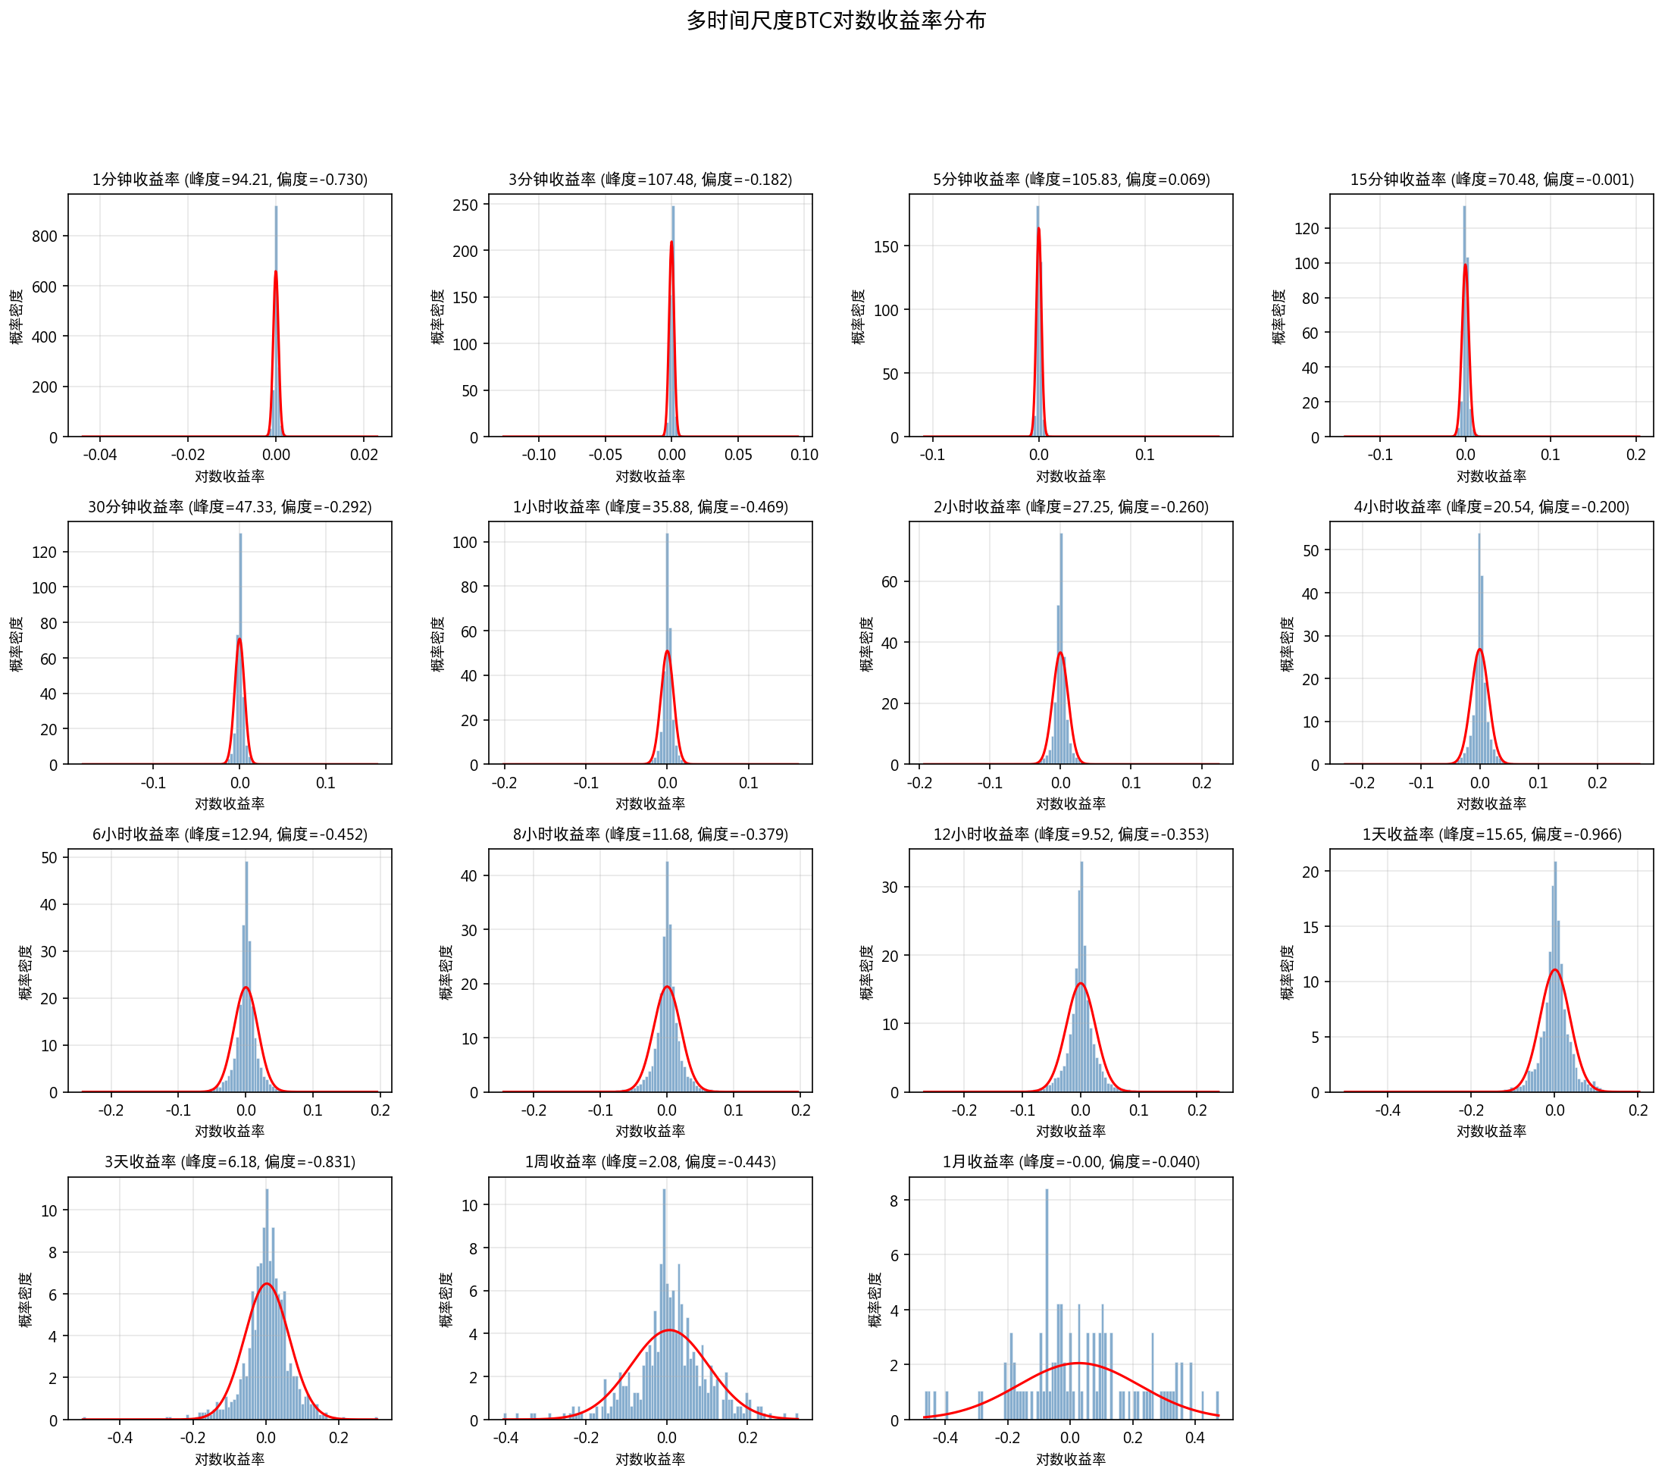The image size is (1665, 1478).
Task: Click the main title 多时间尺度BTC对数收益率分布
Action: pyautogui.click(x=836, y=20)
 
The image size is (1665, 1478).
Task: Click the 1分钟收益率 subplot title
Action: pyautogui.click(x=230, y=179)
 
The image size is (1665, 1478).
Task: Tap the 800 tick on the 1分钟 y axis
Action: pyautogui.click(x=45, y=236)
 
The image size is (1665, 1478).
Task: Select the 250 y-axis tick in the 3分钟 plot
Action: pyautogui.click(x=465, y=205)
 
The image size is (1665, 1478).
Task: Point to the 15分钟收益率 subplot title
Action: pyautogui.click(x=1491, y=179)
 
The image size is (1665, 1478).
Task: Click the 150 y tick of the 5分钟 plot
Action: pyautogui.click(x=885, y=246)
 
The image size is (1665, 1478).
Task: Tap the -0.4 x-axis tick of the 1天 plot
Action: pyautogui.click(x=1388, y=1110)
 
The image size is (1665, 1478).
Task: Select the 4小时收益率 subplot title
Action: pyautogui.click(x=1491, y=507)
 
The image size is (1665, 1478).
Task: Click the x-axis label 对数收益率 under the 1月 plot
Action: pyautogui.click(x=1070, y=1459)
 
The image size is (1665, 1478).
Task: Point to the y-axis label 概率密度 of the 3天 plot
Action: pyautogui.click(x=26, y=1300)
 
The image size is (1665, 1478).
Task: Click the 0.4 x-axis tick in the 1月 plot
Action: pyautogui.click(x=1195, y=1438)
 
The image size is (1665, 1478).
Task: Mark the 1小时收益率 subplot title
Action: pyautogui.click(x=650, y=507)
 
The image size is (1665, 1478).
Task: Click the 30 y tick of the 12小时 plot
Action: pyautogui.click(x=890, y=888)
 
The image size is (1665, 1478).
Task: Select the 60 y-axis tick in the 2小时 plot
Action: pyautogui.click(x=890, y=582)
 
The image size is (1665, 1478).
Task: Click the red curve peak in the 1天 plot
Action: pyautogui.click(x=1555, y=969)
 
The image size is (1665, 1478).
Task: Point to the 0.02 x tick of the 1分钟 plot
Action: pyautogui.click(x=364, y=456)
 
